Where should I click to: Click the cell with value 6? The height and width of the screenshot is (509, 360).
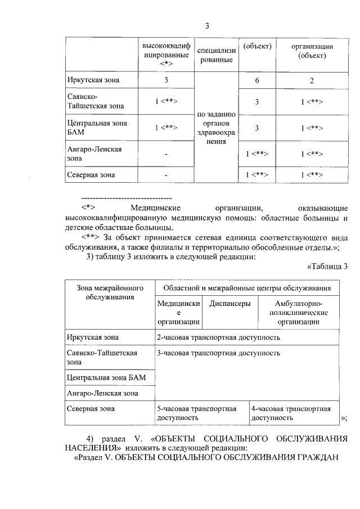(x=256, y=80)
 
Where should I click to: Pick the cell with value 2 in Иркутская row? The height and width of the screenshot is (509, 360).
(x=311, y=80)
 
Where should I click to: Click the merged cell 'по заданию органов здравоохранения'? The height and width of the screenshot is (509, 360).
(x=216, y=128)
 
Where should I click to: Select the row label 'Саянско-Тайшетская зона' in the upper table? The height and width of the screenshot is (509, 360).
(x=92, y=101)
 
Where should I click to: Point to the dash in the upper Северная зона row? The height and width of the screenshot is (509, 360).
(x=166, y=175)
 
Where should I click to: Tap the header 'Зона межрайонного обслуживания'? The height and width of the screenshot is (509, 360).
(x=106, y=292)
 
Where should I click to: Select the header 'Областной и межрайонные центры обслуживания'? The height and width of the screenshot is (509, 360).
(x=246, y=288)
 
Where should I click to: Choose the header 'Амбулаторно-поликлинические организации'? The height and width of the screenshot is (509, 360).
(x=298, y=313)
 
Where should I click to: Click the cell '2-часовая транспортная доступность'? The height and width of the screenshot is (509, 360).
(x=218, y=337)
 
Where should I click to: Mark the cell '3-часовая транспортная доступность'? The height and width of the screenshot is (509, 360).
(x=218, y=353)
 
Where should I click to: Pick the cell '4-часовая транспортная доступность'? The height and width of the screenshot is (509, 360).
(x=291, y=413)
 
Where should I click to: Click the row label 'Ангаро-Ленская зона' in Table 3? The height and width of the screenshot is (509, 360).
(x=102, y=393)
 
